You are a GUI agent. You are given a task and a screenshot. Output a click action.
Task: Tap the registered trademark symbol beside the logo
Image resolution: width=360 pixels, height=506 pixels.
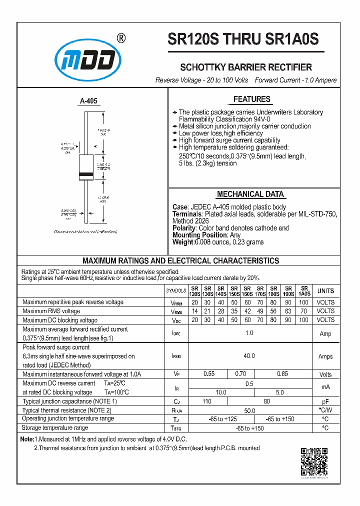pos(121,38)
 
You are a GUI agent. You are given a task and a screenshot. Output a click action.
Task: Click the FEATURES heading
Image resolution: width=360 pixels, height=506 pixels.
pos(252,99)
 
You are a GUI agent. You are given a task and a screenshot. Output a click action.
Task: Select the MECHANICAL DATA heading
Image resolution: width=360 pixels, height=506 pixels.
pos(250,194)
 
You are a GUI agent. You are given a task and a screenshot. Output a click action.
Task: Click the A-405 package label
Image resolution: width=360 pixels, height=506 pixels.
pos(88,101)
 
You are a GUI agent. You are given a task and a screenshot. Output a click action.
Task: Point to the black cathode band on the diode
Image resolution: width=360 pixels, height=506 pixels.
pos(87,175)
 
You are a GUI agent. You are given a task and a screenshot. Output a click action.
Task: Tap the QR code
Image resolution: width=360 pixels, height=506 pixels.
pos(314,461)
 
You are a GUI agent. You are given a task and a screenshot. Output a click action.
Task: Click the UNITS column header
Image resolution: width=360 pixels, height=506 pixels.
pos(325,291)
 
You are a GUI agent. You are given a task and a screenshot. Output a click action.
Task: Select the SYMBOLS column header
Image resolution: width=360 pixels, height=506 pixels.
pos(176,291)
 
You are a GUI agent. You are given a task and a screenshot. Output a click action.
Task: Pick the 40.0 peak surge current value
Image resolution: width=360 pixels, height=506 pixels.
pos(249,356)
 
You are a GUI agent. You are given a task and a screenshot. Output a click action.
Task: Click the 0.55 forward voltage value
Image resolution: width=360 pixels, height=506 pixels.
pos(208,374)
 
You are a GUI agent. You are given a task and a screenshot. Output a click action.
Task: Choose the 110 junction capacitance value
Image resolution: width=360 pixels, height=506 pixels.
pos(207,401)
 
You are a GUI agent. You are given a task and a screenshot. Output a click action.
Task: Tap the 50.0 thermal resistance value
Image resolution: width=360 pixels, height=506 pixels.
pos(249,410)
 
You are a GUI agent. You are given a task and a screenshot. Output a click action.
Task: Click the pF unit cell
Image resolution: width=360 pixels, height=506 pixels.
pos(325,401)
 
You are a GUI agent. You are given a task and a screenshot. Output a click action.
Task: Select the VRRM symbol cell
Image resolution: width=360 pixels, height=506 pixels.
pos(176,302)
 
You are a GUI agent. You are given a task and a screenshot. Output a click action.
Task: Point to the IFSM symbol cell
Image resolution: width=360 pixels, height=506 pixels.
pos(176,356)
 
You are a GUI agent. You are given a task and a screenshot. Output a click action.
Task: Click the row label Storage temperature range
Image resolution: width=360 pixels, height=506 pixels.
pos(55,428)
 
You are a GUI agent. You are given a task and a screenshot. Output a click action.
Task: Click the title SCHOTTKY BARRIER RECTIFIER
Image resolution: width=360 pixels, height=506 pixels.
pos(246,67)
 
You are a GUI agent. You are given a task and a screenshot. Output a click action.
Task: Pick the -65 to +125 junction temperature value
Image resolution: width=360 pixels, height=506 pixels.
pos(223,419)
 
